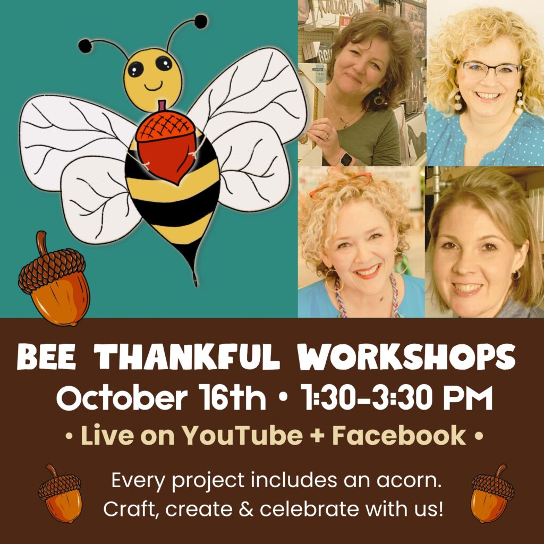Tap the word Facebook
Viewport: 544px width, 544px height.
[x=399, y=436]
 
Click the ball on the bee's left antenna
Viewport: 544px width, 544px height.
[x=85, y=46]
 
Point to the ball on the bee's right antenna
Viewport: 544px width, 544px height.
[x=200, y=22]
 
